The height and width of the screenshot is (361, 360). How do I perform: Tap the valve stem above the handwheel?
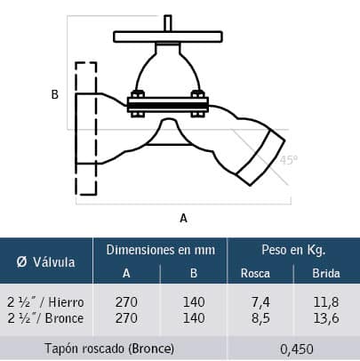[168, 22]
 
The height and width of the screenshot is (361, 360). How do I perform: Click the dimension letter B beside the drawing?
[55, 94]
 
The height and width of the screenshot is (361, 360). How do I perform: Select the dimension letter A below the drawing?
[183, 218]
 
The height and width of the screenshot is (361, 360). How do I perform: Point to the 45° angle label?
[289, 160]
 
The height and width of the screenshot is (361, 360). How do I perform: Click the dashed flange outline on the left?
[76, 128]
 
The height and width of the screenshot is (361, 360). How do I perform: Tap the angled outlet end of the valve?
[261, 157]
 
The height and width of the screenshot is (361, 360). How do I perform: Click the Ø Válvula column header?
[45, 262]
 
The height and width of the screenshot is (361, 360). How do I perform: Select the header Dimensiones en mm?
[161, 250]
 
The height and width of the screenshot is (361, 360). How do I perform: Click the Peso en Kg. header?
[293, 250]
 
